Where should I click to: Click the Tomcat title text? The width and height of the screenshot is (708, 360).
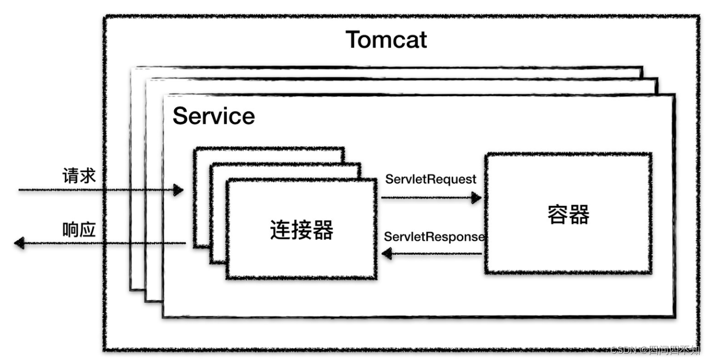[386, 40]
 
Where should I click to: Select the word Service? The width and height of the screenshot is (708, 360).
[213, 116]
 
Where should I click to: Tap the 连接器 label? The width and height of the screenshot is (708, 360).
[302, 229]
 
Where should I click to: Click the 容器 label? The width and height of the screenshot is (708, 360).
[568, 214]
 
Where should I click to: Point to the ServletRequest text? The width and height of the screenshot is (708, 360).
[431, 179]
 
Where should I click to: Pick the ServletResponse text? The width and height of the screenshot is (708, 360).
[434, 237]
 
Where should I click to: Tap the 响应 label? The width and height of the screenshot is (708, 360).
[79, 230]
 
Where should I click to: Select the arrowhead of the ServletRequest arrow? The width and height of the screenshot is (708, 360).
[476, 197]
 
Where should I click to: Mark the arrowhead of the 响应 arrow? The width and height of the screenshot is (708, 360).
[19, 243]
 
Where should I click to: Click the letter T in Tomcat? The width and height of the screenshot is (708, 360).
[355, 40]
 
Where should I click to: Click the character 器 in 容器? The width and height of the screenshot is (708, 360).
[579, 214]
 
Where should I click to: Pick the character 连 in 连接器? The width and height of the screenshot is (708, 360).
[280, 229]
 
